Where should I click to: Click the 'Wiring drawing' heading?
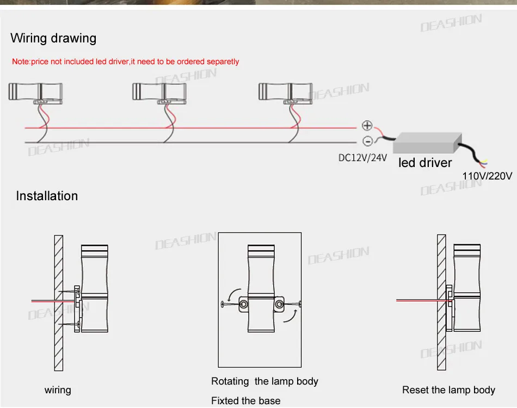pos(53,39)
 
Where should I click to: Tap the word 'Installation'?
pos(47,196)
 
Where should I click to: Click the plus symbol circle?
pos(367,126)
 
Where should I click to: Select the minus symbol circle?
pos(367,141)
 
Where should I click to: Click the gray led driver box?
pos(427,143)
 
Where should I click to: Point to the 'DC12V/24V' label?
pos(362,158)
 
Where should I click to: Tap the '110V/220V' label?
pos(487,176)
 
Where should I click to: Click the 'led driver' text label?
pos(425,163)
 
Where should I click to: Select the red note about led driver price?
pos(125,61)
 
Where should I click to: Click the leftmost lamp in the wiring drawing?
pos(35,94)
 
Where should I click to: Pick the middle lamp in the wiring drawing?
pos(159,94)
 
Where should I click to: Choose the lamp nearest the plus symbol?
pos(286,94)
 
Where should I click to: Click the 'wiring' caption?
pos(58,390)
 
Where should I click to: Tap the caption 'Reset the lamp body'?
pos(448,390)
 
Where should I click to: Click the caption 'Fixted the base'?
pos(245,401)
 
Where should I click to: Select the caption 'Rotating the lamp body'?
pos(264,381)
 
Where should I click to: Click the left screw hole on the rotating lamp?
pos(244,304)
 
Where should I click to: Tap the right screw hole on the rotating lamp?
pos(279,304)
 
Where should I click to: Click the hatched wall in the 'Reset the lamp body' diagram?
pos(441,302)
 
